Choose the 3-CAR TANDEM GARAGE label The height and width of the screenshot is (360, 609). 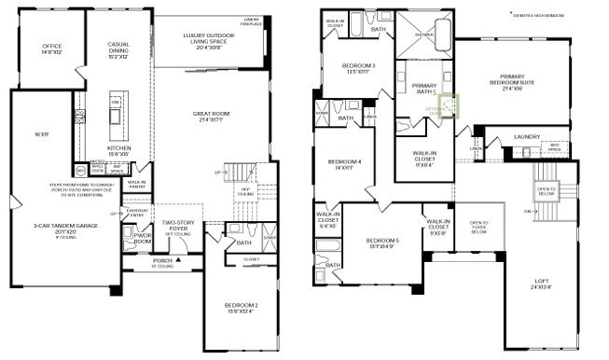[x=65, y=227]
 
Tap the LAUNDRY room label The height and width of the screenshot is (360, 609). [x=526, y=136]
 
